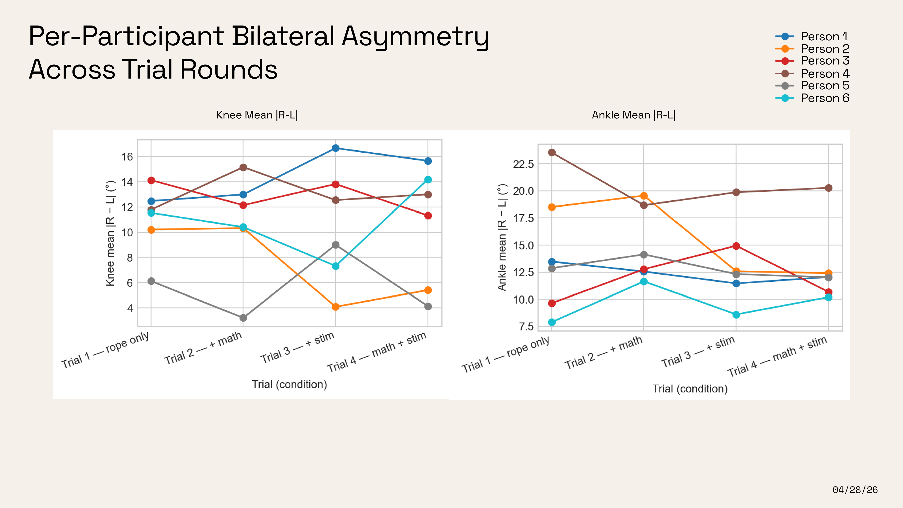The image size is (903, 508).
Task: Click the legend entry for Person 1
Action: [x=812, y=36]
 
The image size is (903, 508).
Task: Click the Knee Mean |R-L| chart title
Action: [x=257, y=115]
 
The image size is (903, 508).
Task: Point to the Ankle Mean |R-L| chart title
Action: [x=633, y=115]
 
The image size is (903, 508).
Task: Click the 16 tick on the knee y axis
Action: [x=127, y=157]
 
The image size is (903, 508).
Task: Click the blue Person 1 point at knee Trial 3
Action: [x=336, y=148]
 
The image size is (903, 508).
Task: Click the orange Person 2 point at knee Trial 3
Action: [x=336, y=307]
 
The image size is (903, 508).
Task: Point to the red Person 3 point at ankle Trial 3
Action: [x=736, y=246]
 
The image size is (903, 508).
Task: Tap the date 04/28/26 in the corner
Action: [x=855, y=490]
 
